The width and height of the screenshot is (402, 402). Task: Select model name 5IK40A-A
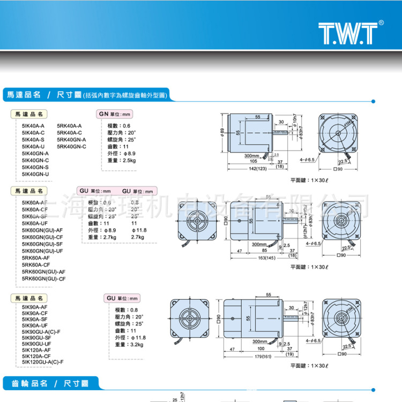33,125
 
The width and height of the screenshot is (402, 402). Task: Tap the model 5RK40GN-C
71,146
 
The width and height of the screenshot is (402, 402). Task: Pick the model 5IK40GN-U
35,174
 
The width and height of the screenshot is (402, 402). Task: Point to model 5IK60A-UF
35,223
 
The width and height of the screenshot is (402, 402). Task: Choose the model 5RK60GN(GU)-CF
44,279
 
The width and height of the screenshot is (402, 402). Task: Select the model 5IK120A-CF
36,355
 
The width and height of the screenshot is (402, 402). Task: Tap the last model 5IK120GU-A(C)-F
43,362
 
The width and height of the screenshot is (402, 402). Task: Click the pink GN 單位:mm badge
115,114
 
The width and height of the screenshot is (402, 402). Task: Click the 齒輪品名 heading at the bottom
26,384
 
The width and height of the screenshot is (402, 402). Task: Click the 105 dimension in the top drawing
254,160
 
